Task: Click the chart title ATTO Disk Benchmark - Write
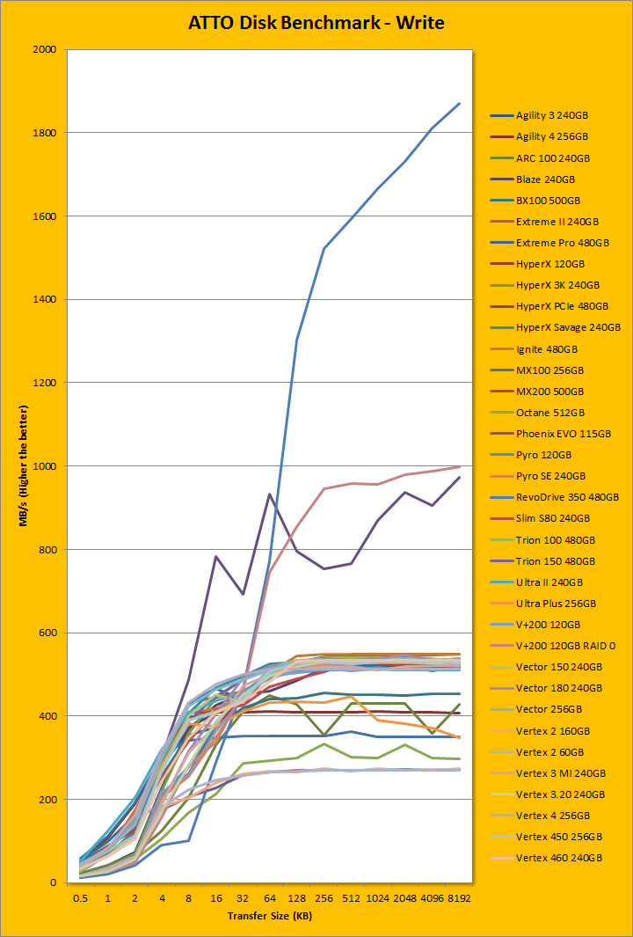(316, 23)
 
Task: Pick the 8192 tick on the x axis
(458, 898)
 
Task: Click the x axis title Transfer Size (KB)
(269, 917)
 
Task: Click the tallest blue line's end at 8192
(459, 104)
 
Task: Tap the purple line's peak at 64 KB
(269, 494)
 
